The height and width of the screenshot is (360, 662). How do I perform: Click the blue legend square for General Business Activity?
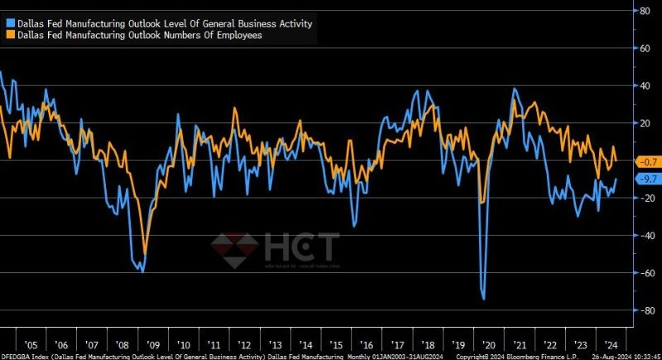click(x=10, y=24)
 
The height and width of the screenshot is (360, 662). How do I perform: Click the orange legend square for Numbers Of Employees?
click(x=10, y=36)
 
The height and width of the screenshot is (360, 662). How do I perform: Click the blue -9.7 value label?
click(x=645, y=179)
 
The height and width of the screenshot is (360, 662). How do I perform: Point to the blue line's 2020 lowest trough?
click(x=483, y=298)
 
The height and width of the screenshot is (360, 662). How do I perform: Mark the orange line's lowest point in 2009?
click(x=146, y=253)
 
